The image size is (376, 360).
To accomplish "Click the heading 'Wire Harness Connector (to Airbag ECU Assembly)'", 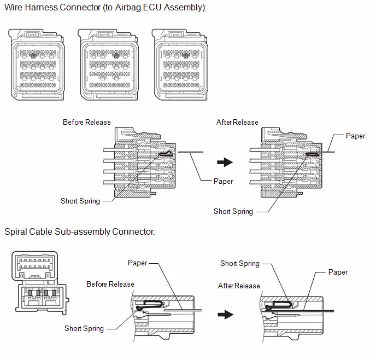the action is point(105,8).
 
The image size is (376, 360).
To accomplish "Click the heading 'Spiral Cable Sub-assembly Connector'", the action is point(80,231).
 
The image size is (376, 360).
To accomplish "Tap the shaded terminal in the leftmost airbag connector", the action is point(33,55).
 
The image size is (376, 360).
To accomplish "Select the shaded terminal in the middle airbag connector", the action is point(116,55).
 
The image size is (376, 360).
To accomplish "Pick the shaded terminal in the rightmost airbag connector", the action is point(186,55).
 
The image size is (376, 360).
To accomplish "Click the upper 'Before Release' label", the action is point(87,122).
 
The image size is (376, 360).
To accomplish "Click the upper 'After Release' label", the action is point(237,122).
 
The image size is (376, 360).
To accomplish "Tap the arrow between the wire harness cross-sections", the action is point(225,162).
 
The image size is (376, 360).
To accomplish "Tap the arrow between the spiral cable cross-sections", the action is point(226,315).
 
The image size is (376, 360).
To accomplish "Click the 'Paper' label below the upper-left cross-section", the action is point(223,181).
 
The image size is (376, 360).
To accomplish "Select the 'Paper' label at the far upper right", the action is point(355,136).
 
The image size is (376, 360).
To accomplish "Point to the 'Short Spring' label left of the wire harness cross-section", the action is point(80,201).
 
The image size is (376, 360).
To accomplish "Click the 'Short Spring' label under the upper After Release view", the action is point(233,211).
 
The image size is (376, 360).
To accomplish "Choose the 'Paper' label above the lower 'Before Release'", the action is point(137,263).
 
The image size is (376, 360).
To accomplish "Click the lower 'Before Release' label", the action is point(110,284).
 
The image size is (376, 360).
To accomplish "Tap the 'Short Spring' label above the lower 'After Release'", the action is point(240,264).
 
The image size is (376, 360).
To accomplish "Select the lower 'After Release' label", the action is point(239,286).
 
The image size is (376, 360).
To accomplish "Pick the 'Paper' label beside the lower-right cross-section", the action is point(338,272).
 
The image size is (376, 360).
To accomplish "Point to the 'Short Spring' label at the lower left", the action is point(84,328).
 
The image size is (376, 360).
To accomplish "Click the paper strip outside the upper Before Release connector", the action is point(191,152).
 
